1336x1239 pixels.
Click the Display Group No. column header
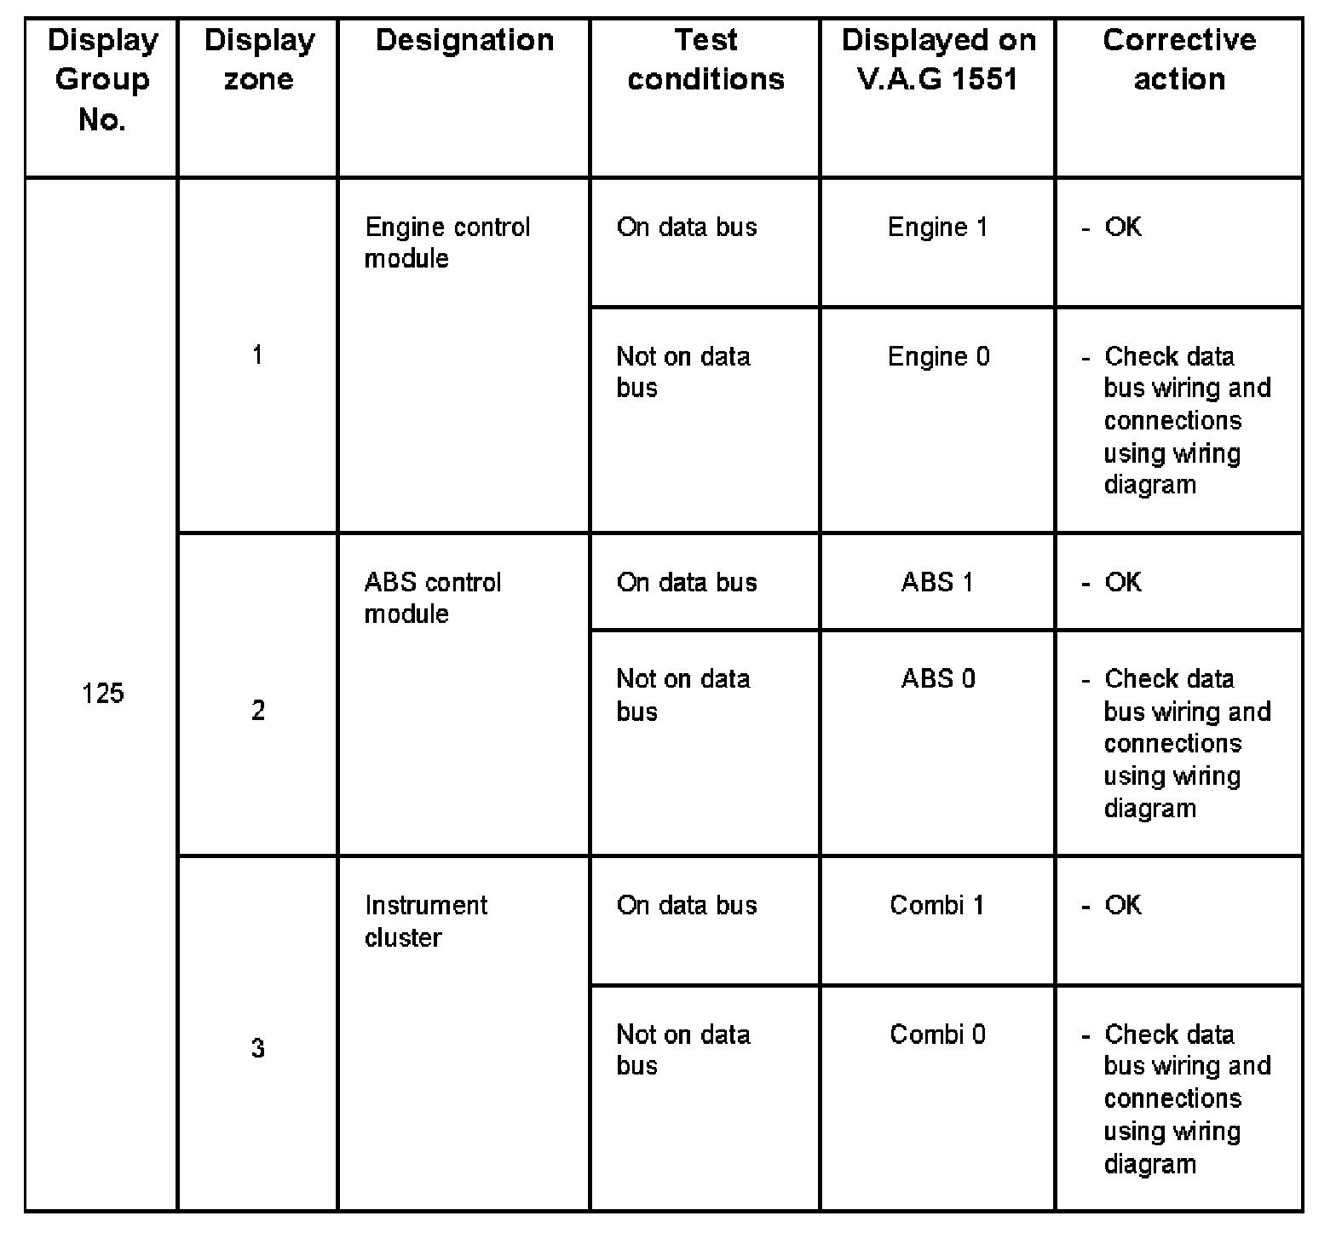tap(102, 79)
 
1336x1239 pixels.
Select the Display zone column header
tap(259, 60)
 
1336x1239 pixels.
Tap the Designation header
tap(464, 40)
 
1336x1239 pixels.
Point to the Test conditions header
tap(705, 60)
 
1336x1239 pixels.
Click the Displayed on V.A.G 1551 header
tap(938, 60)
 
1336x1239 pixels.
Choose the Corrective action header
tap(1179, 60)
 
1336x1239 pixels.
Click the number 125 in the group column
tap(103, 694)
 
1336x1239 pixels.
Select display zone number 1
tap(257, 355)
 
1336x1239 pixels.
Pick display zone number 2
tap(258, 711)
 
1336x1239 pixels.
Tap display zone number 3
tap(258, 1048)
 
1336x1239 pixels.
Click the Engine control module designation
tap(447, 243)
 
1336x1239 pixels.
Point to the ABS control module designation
tap(433, 598)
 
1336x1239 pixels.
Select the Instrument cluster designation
tap(426, 921)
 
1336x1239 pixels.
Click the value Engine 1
tap(938, 228)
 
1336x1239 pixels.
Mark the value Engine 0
tap(939, 356)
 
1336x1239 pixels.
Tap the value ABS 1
tap(937, 583)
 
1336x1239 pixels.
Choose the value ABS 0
tap(938, 679)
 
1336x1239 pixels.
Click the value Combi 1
tap(937, 905)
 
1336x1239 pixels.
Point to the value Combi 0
tap(938, 1034)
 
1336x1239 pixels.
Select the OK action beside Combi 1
tap(1122, 905)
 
